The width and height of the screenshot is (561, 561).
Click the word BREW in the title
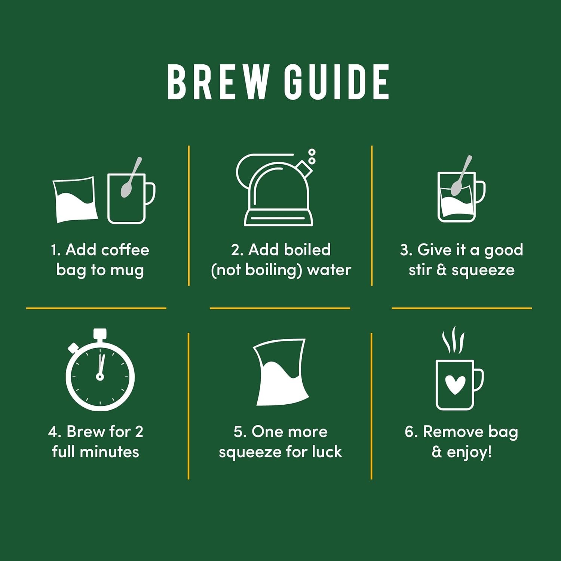click(218, 82)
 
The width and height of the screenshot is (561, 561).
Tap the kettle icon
click(275, 189)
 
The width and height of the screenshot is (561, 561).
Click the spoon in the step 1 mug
click(131, 177)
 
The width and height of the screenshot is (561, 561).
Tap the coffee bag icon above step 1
click(75, 199)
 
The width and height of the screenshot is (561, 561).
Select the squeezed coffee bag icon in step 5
click(281, 372)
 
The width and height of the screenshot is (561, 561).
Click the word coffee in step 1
click(125, 249)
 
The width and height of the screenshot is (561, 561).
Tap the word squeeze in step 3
click(483, 270)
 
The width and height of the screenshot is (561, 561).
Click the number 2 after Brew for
click(139, 432)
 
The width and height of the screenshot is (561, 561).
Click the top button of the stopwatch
click(100, 334)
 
